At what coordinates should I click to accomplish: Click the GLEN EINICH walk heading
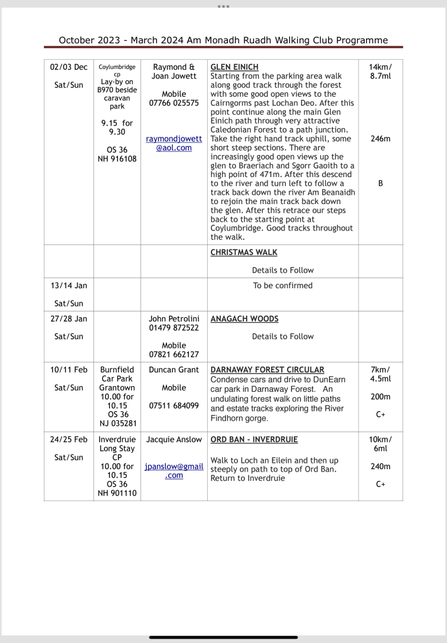[x=234, y=67]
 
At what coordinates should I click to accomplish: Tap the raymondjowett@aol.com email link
[x=174, y=143]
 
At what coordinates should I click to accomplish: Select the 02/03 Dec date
[x=68, y=67]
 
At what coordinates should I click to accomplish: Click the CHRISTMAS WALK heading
[x=244, y=252]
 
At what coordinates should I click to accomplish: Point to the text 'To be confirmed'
[x=283, y=285]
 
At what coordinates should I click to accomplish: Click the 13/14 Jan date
[x=68, y=285]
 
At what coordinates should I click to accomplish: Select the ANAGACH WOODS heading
[x=244, y=319]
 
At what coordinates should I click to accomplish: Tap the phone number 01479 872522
[x=174, y=328]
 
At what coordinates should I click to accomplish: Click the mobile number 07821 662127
[x=174, y=355]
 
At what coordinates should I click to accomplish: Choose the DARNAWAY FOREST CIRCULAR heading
[x=267, y=370]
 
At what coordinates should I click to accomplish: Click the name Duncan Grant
[x=174, y=370]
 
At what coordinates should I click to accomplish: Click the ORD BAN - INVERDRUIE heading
[x=254, y=439]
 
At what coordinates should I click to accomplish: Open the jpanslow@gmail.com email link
[x=174, y=472]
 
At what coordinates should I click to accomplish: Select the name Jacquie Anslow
[x=174, y=439]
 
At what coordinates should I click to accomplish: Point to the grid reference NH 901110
[x=117, y=493]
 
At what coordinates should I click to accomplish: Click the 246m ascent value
[x=380, y=139]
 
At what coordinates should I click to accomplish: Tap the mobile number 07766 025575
[x=174, y=103]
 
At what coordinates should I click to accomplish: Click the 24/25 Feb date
[x=68, y=439]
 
